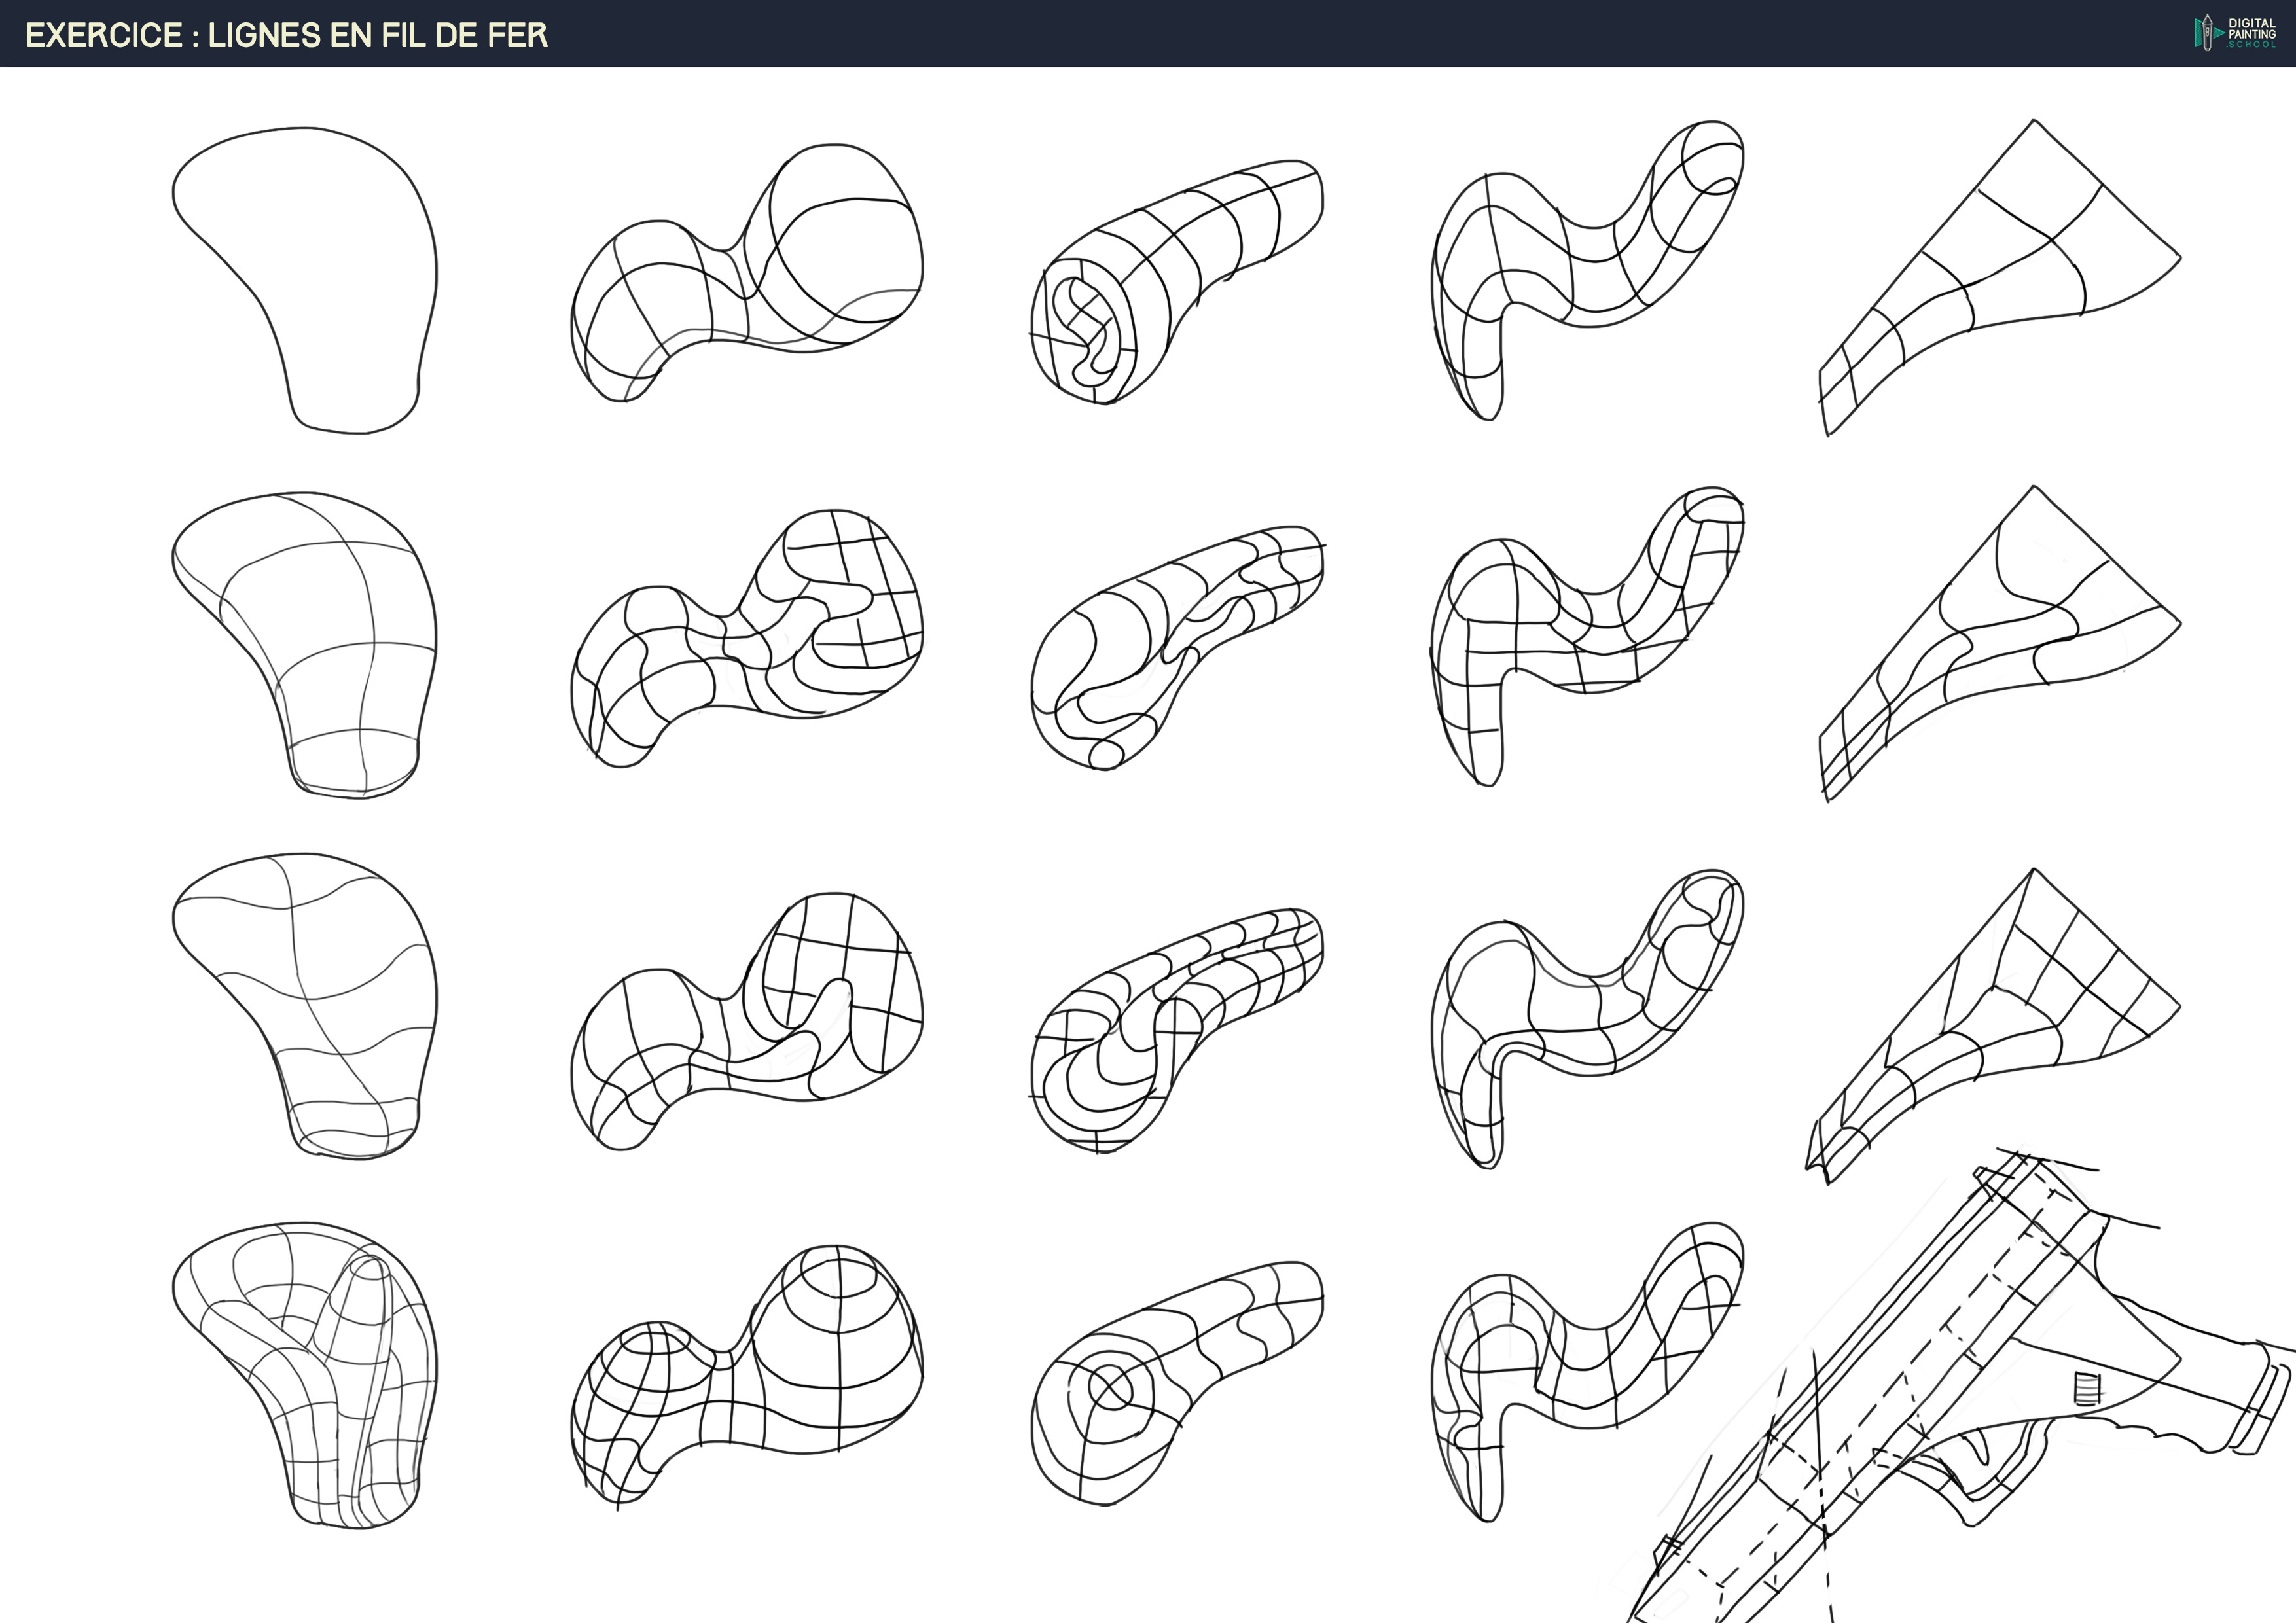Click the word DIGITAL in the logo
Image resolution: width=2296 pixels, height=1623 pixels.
(x=2252, y=23)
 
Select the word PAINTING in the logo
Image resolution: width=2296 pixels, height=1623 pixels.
(x=2252, y=34)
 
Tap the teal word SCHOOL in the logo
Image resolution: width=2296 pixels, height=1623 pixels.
(x=2254, y=44)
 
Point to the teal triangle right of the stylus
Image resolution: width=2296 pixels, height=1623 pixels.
(x=2219, y=33)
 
